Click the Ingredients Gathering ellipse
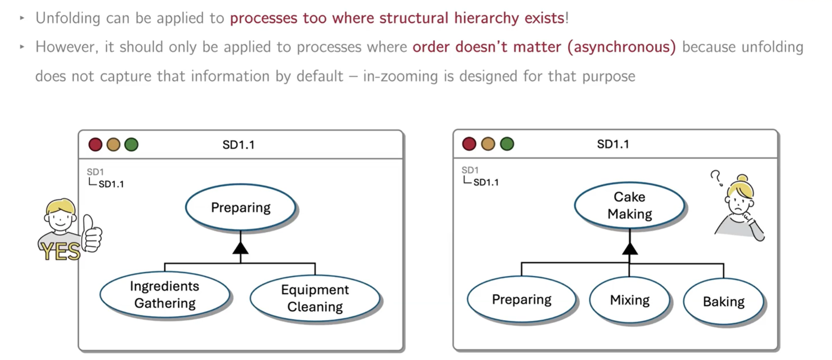(x=165, y=295)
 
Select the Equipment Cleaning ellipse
(x=315, y=298)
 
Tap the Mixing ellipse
(x=630, y=300)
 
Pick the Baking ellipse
(x=723, y=302)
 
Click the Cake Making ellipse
(x=630, y=205)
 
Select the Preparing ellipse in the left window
(x=241, y=207)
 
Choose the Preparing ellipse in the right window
(x=522, y=299)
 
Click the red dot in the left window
(x=95, y=145)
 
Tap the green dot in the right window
(x=507, y=144)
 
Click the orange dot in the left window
(x=113, y=145)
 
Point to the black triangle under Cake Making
(x=630, y=249)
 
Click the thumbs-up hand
(x=91, y=233)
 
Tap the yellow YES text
(x=60, y=251)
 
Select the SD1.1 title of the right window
(x=613, y=144)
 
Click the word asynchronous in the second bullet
(x=622, y=47)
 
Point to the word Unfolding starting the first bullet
(x=68, y=18)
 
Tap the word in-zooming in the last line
(x=401, y=76)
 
